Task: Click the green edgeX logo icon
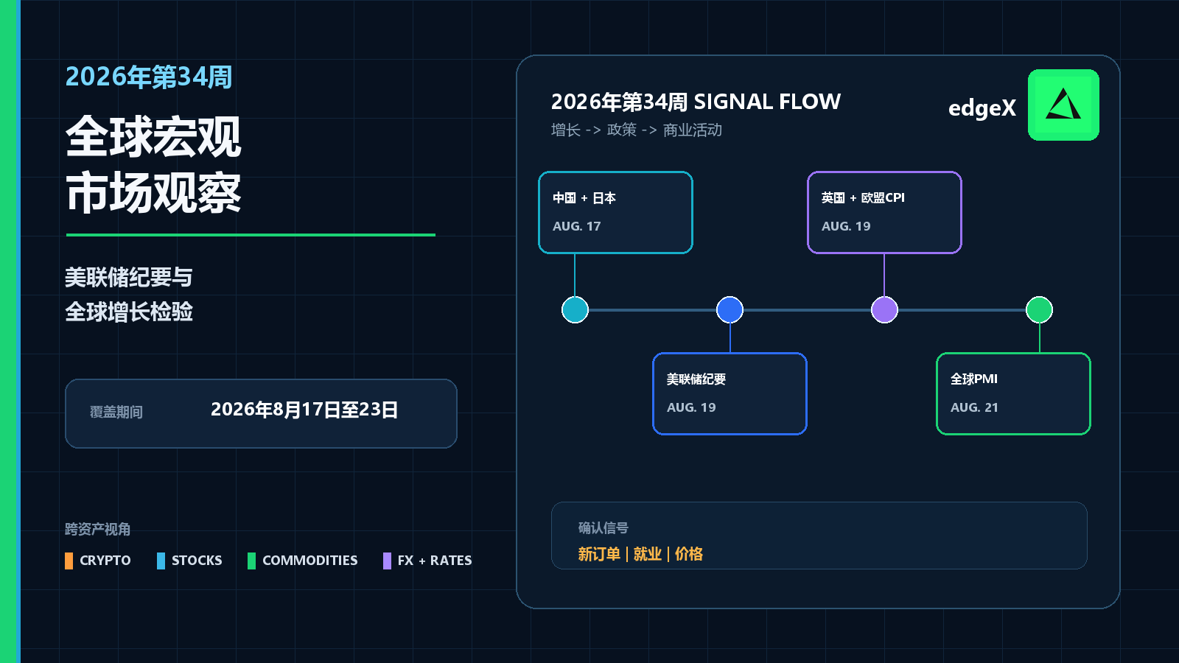click(x=1063, y=105)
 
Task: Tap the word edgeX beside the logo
click(x=982, y=108)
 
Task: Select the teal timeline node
click(x=575, y=309)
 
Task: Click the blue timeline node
click(x=730, y=309)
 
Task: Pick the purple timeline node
click(x=884, y=309)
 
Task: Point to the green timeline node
click(x=1039, y=309)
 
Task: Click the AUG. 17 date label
click(x=576, y=226)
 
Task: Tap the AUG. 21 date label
click(x=974, y=407)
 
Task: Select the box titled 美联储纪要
click(x=730, y=393)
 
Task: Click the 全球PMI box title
click(x=973, y=379)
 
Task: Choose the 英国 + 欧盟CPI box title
click(x=863, y=198)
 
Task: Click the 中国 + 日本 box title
click(x=584, y=198)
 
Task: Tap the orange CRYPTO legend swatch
click(x=69, y=561)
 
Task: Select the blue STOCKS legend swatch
click(x=161, y=561)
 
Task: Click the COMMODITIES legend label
click(x=310, y=561)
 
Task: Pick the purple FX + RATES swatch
click(x=387, y=561)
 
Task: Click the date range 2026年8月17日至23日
click(x=304, y=410)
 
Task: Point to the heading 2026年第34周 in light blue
click(x=149, y=77)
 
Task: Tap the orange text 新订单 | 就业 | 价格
click(x=640, y=554)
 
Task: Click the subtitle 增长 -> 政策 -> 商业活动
click(x=637, y=130)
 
